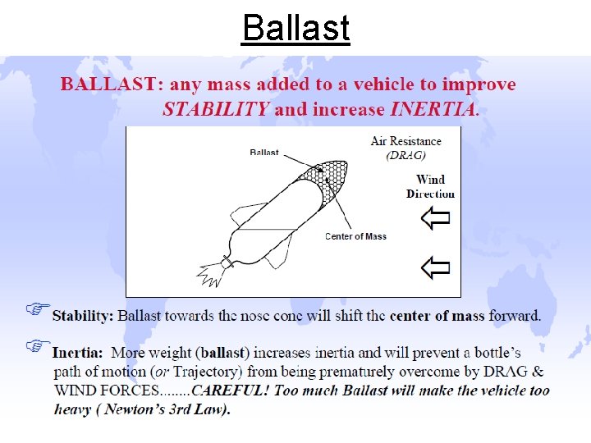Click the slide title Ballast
[295, 28]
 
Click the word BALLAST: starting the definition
[108, 84]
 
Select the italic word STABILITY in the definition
[215, 109]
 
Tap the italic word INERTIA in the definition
[433, 109]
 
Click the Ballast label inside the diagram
[264, 152]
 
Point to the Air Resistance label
[405, 142]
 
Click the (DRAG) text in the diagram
[406, 155]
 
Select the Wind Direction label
[430, 186]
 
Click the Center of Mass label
[355, 236]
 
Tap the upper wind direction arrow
[435, 218]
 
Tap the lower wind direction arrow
[435, 267]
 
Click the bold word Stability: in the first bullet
[83, 315]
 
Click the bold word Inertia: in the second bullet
[78, 353]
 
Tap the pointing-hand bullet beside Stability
[36, 308]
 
